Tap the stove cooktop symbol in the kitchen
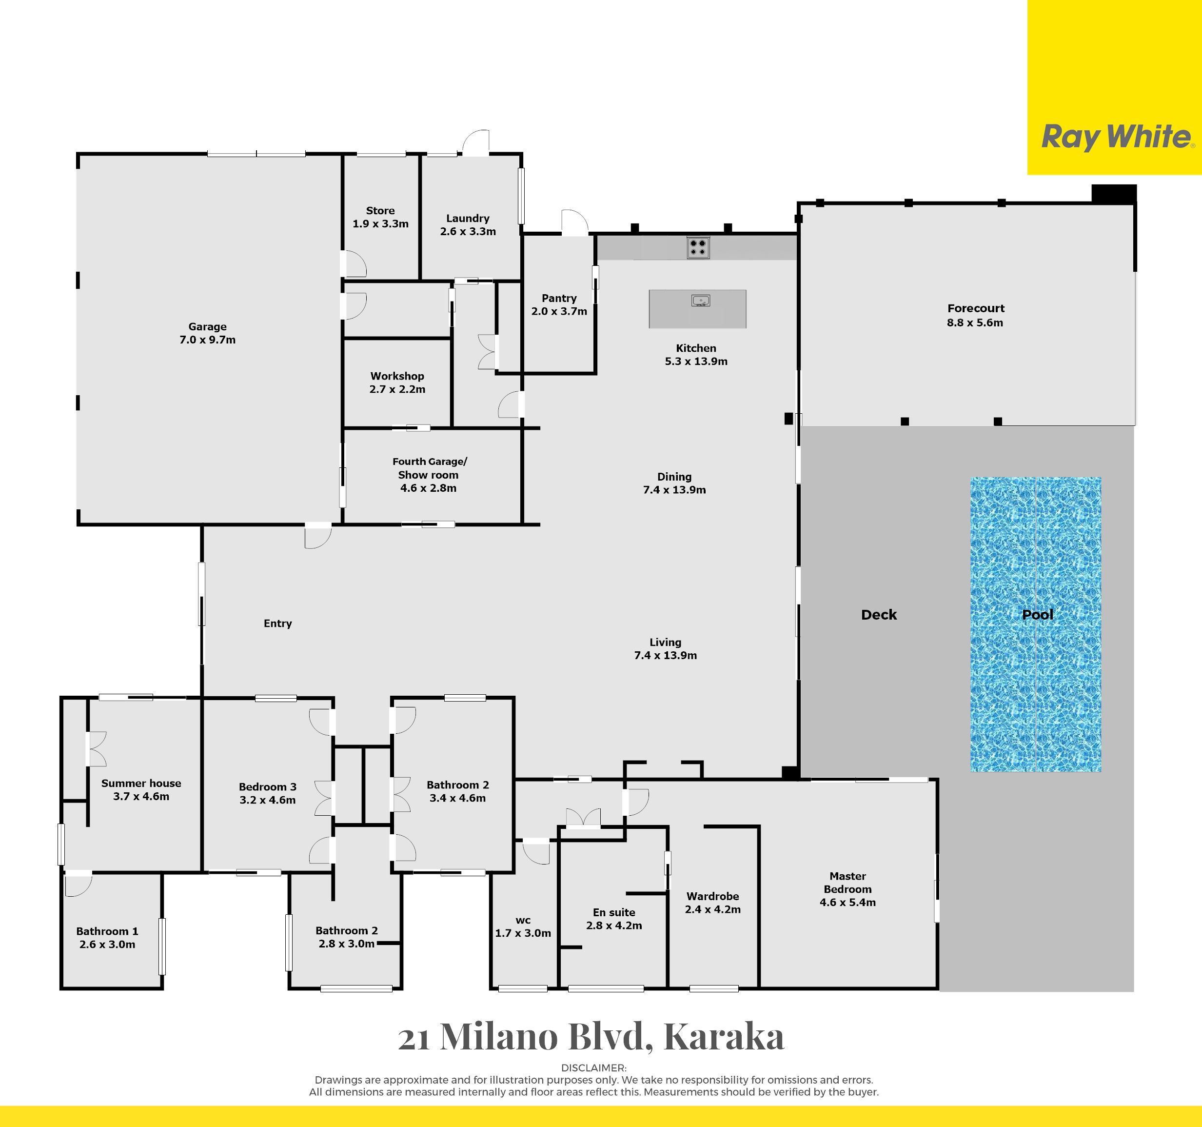pos(698,247)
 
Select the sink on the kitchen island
pos(701,300)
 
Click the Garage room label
pos(207,327)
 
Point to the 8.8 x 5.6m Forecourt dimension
pos(975,323)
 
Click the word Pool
pos(1038,615)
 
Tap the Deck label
pos(879,615)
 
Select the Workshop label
pos(397,376)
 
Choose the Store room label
pos(380,210)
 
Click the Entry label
pos(277,624)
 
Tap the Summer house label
pos(141,784)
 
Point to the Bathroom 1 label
pos(107,932)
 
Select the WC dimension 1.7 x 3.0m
pos(523,933)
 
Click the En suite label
pos(614,912)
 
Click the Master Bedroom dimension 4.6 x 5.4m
pos(847,903)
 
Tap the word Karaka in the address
pos(724,1037)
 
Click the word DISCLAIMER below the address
pos(594,1068)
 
